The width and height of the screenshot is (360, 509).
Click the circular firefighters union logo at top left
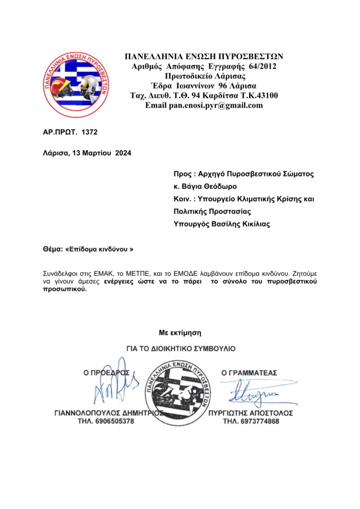76,84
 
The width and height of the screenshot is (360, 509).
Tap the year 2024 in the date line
123,154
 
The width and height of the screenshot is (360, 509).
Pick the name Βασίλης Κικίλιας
241,224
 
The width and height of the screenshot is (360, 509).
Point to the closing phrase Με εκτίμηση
180,332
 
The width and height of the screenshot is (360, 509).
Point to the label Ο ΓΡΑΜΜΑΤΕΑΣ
249,372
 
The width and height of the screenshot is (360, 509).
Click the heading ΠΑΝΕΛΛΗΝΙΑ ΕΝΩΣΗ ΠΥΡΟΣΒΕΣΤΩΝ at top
204,56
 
